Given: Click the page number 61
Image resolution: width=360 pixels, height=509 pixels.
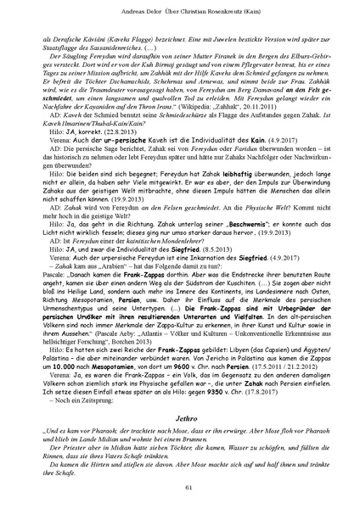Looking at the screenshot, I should point(180,484).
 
